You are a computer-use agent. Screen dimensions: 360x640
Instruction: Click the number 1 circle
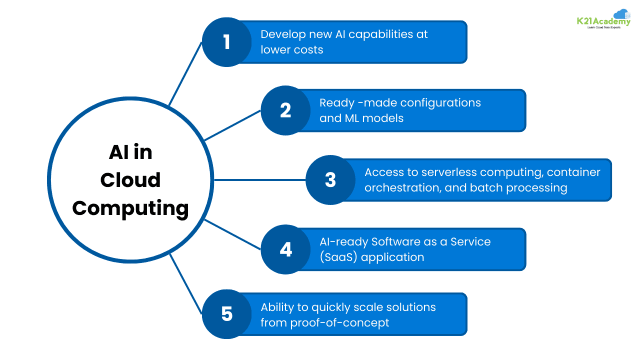pos(226,42)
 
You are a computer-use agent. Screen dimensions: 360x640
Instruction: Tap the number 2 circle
pos(285,110)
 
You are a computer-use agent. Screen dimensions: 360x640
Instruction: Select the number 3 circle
pos(330,180)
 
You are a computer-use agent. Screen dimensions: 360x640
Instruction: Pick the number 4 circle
pos(285,249)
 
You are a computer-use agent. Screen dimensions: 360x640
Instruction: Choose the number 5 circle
pos(226,314)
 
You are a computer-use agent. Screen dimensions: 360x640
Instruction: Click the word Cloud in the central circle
pos(130,180)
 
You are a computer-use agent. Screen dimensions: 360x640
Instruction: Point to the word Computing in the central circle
pos(130,208)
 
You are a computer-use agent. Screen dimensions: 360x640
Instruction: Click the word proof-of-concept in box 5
pos(339,323)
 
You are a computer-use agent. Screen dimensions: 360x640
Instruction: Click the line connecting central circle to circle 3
pos(259,180)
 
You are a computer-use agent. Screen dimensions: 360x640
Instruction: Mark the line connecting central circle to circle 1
pos(185,74)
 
